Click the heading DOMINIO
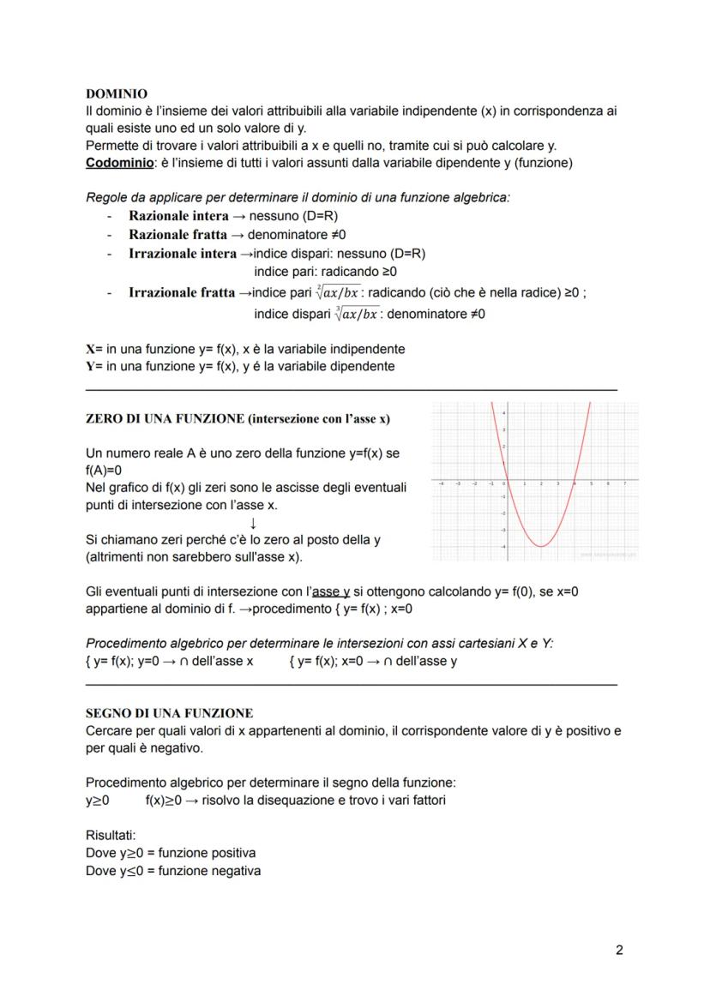(117, 93)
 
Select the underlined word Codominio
(116, 163)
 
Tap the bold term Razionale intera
(178, 216)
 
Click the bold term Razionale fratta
(177, 234)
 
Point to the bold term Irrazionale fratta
(182, 292)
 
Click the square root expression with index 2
(334, 292)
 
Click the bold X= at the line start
(95, 349)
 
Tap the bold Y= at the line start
(95, 366)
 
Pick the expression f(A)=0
(104, 470)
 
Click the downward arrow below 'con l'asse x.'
(253, 523)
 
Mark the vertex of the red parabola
(541, 546)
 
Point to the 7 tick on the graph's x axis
(625, 484)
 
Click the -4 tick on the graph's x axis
(442, 484)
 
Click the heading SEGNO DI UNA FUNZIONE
(169, 713)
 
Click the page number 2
(619, 950)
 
